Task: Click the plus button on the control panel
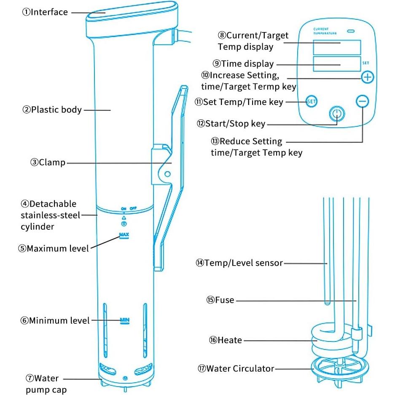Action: tap(368, 77)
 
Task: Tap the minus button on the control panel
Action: tap(362, 101)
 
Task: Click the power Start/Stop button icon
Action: tap(336, 114)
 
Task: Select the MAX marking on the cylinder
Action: tap(124, 235)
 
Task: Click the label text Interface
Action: tap(45, 12)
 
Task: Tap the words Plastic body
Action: tap(52, 110)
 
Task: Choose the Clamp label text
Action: tap(48, 162)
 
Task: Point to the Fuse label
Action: tap(220, 301)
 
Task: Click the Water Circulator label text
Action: tap(236, 369)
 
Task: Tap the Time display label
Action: tap(243, 64)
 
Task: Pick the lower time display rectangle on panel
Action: tap(337, 64)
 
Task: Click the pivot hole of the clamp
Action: tap(167, 173)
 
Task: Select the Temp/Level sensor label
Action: tap(239, 263)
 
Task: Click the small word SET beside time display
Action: tap(365, 63)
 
